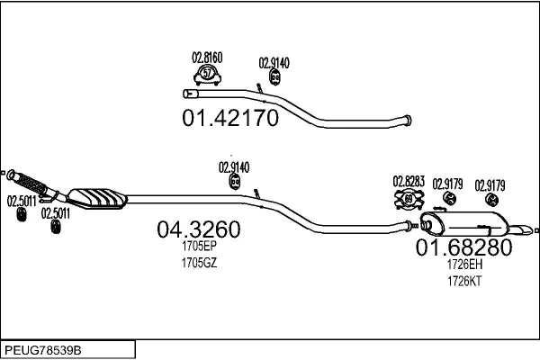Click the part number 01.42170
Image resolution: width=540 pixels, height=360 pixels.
click(x=230, y=118)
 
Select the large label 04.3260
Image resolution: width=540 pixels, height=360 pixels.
click(x=199, y=229)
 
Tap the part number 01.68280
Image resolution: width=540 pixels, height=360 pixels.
click(x=463, y=247)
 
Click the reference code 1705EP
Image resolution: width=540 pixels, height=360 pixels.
click(x=199, y=246)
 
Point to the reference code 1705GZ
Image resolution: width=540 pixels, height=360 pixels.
click(x=199, y=263)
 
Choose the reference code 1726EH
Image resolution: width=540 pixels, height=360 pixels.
click(x=464, y=265)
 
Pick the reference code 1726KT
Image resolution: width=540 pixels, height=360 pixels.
click(x=464, y=281)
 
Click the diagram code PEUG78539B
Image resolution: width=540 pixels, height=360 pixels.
click(x=43, y=350)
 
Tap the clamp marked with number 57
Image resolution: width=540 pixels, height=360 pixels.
click(x=207, y=75)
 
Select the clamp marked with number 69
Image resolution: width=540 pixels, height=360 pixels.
click(x=409, y=199)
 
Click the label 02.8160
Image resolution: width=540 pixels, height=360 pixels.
click(x=207, y=58)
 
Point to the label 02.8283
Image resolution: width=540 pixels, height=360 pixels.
click(x=409, y=182)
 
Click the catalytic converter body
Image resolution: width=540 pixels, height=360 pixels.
click(x=97, y=199)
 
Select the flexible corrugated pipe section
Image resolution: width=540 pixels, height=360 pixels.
click(x=31, y=184)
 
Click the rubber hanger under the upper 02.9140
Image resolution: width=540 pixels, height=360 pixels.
click(x=274, y=77)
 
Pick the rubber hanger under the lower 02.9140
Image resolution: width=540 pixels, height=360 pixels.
click(x=235, y=182)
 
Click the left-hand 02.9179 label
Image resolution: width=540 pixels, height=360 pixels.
click(x=447, y=184)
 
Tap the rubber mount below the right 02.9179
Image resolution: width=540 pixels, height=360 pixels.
click(x=491, y=200)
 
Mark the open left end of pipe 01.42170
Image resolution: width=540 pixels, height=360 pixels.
click(x=186, y=94)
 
